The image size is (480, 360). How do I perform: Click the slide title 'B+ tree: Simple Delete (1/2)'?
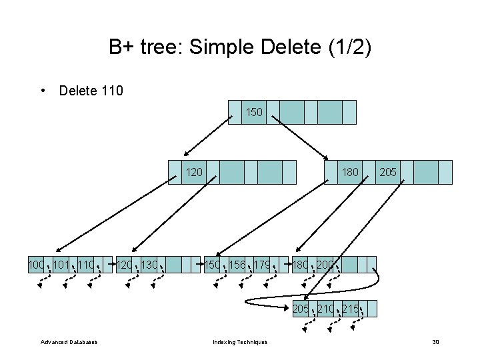click(240, 47)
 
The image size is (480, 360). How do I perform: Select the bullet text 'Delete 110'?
click(91, 90)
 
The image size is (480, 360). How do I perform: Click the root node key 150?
click(254, 113)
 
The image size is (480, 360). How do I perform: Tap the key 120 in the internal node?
click(194, 172)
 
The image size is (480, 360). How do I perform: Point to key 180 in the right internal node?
click(350, 172)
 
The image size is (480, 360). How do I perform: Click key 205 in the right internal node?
click(388, 172)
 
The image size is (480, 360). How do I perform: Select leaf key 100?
click(36, 265)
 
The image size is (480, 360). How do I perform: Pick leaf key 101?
click(61, 265)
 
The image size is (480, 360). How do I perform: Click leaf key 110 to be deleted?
click(86, 265)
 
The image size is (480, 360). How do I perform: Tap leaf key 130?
click(150, 265)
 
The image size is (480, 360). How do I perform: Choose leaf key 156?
click(237, 265)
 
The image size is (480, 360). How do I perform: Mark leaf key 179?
click(262, 265)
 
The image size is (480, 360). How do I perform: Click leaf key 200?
click(325, 265)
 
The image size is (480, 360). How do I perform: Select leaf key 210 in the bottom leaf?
click(325, 308)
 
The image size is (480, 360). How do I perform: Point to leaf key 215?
click(350, 308)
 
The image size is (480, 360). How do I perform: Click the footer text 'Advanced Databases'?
click(69, 342)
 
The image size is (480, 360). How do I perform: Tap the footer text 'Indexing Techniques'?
click(240, 342)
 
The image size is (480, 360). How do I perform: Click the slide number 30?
click(435, 342)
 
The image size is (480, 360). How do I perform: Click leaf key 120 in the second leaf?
click(125, 265)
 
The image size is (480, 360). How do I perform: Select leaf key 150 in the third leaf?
click(213, 265)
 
